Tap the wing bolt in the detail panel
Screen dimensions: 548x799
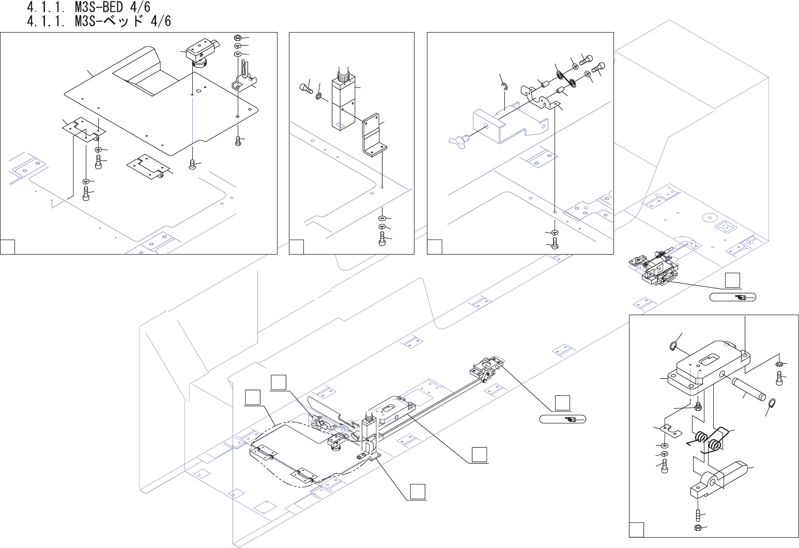tap(457, 139)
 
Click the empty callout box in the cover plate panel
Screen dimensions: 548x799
tap(7, 247)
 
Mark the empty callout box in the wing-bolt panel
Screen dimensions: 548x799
tap(435, 247)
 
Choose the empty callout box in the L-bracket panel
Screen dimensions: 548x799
tap(296, 247)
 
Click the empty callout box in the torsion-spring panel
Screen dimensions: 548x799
tap(636, 530)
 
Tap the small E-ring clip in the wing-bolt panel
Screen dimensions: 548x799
tap(505, 88)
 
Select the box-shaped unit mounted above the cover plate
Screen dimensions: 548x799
tap(201, 50)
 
